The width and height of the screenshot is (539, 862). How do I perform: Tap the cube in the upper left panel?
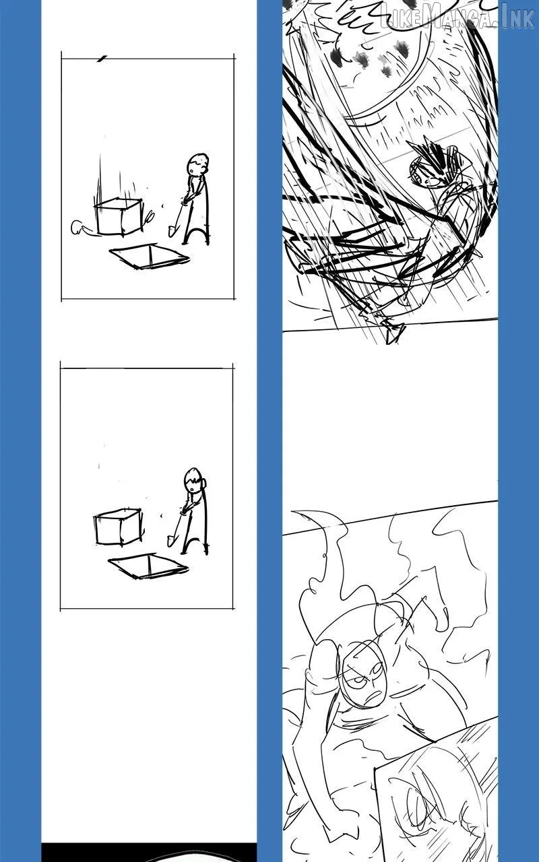pos(118,216)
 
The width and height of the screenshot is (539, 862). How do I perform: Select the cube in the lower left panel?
pos(118,527)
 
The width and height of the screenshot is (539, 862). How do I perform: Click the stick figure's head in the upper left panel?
pos(198,164)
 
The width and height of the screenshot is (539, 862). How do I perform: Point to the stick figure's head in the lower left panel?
pos(195,479)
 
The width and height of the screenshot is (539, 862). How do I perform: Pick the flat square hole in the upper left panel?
pos(150,256)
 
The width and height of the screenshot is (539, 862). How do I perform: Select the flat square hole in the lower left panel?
pos(148,566)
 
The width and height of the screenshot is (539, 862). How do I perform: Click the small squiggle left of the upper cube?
pos(80,228)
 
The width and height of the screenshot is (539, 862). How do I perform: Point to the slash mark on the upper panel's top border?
pos(102,59)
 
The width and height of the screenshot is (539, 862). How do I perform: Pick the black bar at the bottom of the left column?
pos(149,851)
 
